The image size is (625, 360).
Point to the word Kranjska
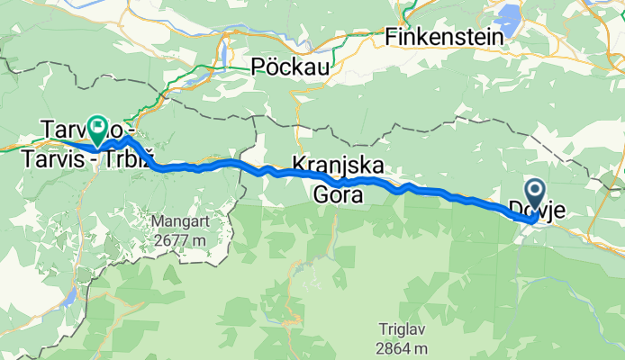pos(337,166)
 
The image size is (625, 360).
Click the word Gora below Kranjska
pos(337,193)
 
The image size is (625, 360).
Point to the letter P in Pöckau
pos(259,67)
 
